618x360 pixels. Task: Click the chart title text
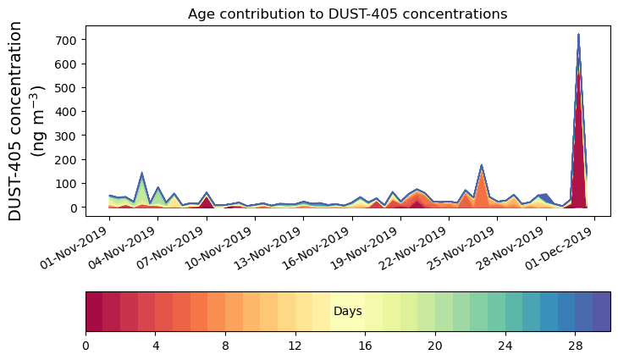click(347, 14)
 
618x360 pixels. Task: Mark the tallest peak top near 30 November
click(578, 36)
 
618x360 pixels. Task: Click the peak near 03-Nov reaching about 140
click(141, 174)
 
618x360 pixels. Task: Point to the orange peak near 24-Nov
click(481, 167)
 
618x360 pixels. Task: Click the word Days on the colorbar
click(348, 312)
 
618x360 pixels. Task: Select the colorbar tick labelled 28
click(575, 346)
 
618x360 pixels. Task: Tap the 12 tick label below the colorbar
click(295, 346)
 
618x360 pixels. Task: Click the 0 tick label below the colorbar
click(86, 346)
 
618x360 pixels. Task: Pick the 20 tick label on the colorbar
click(435, 346)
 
